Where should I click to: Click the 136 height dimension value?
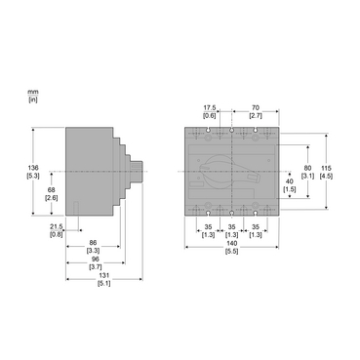pyautogui.click(x=33, y=168)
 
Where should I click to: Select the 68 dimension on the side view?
pyautogui.click(x=51, y=190)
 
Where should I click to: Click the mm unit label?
pyautogui.click(x=33, y=91)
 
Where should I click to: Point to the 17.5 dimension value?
pyautogui.click(x=209, y=108)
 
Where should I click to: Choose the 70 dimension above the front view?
pyautogui.click(x=255, y=108)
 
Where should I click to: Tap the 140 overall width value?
pyautogui.click(x=231, y=244)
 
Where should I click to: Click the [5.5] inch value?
pyautogui.click(x=231, y=252)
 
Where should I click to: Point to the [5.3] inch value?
pyautogui.click(x=33, y=176)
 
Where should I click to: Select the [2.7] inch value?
pyautogui.click(x=255, y=115)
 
